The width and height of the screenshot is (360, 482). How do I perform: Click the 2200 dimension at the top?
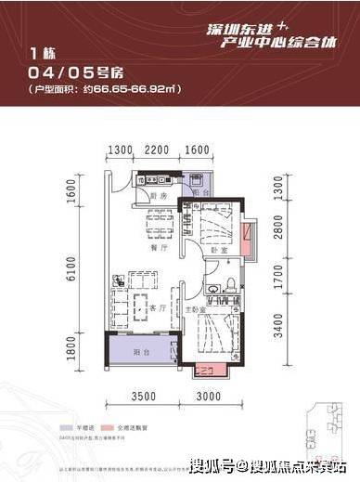(x=156, y=150)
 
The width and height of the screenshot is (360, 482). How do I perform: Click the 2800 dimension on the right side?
(x=277, y=227)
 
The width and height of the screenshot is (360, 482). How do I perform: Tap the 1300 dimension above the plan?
(x=118, y=150)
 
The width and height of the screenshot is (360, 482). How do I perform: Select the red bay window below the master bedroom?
(x=201, y=371)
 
